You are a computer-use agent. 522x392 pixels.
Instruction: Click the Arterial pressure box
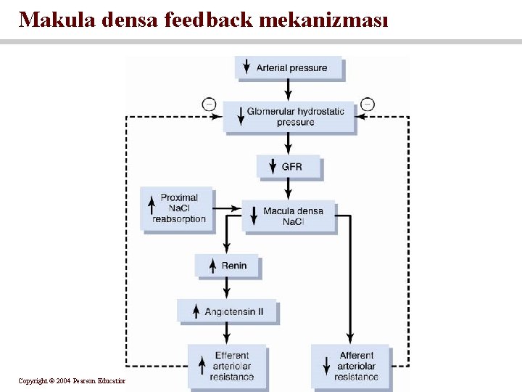(289, 68)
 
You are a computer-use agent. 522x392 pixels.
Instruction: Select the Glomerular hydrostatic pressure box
(289, 116)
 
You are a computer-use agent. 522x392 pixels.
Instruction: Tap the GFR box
(289, 167)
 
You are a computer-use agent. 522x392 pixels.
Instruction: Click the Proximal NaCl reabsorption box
(177, 208)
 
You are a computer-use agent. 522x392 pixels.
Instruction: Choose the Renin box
(226, 266)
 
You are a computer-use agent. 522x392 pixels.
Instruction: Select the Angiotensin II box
(227, 311)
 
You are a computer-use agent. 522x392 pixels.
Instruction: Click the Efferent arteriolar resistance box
(227, 365)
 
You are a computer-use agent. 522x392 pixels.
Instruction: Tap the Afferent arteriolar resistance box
(350, 365)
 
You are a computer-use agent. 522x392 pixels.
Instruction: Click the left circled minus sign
(209, 105)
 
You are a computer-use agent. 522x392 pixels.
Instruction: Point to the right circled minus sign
(368, 105)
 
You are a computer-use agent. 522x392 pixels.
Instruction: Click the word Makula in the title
(57, 20)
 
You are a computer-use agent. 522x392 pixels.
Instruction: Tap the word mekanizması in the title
(323, 20)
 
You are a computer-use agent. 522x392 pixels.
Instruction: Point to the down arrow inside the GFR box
(273, 167)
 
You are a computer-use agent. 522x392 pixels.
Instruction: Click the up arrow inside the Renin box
(212, 266)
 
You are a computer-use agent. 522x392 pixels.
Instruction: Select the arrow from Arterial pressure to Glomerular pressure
(289, 89)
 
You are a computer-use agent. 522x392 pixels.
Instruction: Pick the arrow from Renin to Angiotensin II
(227, 288)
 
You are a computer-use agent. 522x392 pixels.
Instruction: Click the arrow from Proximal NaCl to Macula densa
(228, 208)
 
